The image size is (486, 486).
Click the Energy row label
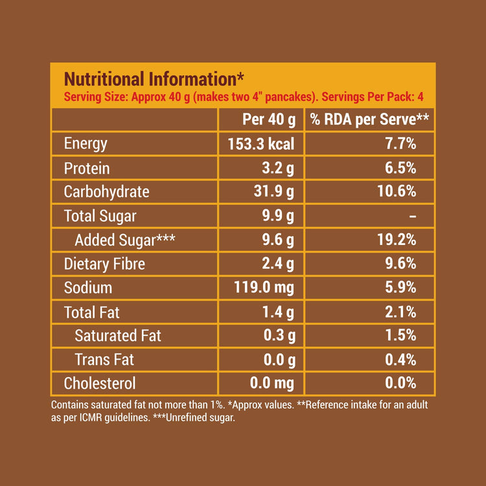pyautogui.click(x=86, y=144)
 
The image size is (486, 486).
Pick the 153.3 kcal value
pyautogui.click(x=261, y=144)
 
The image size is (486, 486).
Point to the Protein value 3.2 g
pyautogui.click(x=278, y=168)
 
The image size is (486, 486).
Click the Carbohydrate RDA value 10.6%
pyautogui.click(x=397, y=192)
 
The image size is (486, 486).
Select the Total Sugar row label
pyautogui.click(x=100, y=216)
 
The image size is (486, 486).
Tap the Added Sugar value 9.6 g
pyautogui.click(x=278, y=240)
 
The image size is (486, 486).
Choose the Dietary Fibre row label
pyautogui.click(x=104, y=264)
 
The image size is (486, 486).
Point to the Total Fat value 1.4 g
pyautogui.click(x=278, y=312)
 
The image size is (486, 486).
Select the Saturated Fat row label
pyautogui.click(x=118, y=336)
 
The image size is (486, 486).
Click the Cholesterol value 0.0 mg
pyautogui.click(x=272, y=384)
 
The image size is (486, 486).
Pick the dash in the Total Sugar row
pyautogui.click(x=413, y=216)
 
